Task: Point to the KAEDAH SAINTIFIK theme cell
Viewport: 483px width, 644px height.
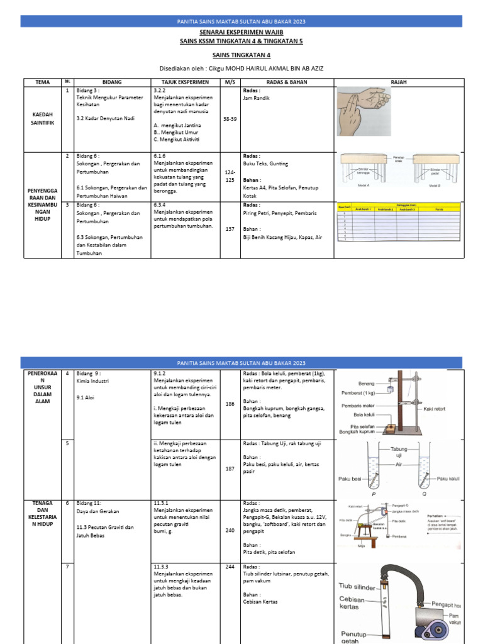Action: (x=42, y=119)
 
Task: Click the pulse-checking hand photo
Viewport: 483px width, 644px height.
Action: (x=364, y=103)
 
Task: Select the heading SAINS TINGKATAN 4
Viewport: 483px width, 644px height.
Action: (x=241, y=55)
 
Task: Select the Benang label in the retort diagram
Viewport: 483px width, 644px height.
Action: (x=366, y=382)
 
